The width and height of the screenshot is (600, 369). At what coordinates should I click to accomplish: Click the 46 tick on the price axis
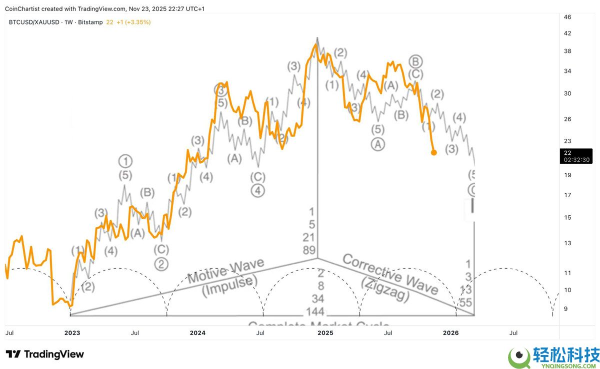coord(567,17)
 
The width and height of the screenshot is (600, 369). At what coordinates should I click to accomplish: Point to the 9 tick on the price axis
coord(566,309)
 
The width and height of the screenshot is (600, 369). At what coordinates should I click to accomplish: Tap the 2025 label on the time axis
coord(325,332)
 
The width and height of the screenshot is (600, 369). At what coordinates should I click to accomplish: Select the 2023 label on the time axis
coord(72,332)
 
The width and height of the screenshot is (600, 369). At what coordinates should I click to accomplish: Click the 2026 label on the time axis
coord(451,332)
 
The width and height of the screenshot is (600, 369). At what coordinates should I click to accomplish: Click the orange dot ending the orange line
coord(433,152)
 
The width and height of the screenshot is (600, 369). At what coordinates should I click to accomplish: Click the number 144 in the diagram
coord(315,312)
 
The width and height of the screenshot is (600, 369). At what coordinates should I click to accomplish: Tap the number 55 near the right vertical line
coord(465,303)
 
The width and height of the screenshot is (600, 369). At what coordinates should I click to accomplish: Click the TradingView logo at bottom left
coord(44,355)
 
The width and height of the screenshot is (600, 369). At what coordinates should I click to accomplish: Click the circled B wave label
coord(416,61)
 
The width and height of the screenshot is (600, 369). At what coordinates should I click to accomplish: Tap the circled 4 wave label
coord(258,190)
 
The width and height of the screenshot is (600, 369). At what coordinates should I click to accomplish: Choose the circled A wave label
coord(377,144)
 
